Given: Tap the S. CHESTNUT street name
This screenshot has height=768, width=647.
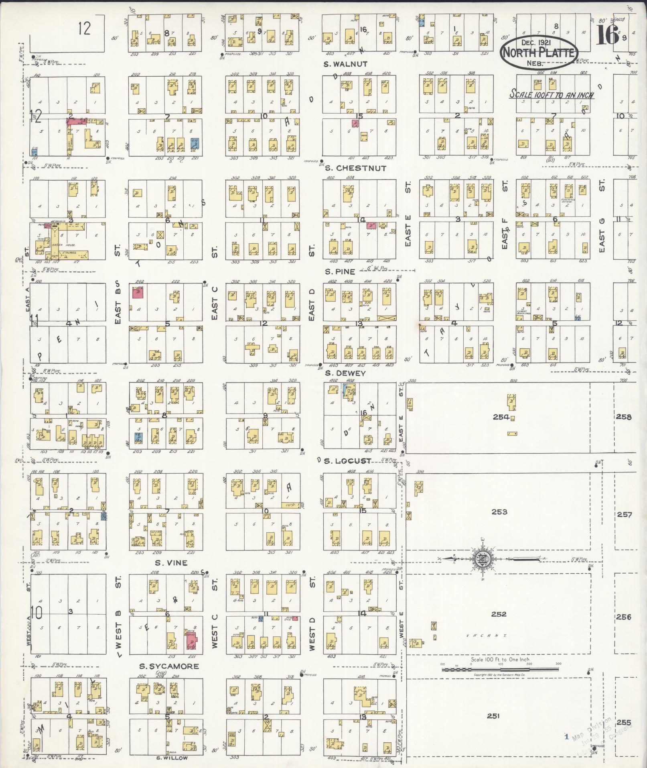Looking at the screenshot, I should (355, 168).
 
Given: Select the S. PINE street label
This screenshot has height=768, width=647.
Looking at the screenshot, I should (340, 272).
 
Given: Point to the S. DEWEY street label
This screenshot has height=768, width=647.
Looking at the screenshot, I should (345, 373).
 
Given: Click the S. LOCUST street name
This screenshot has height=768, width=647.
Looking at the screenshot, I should (348, 461).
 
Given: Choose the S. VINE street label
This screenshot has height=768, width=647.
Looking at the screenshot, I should (171, 563).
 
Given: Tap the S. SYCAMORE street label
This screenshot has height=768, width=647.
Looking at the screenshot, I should (169, 666).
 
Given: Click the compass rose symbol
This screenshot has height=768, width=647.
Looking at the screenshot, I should (481, 559).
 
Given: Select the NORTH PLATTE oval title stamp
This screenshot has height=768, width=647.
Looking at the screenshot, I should (539, 53).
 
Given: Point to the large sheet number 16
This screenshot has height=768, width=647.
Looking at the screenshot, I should (607, 35).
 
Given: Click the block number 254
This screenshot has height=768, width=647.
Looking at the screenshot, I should (501, 417).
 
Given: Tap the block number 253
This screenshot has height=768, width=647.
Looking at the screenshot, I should (499, 512).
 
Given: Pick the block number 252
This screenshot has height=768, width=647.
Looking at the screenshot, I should (499, 614).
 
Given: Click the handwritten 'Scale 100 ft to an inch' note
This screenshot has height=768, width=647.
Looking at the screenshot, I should (551, 95).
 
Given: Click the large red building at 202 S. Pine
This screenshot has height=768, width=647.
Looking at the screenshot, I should (138, 292).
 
